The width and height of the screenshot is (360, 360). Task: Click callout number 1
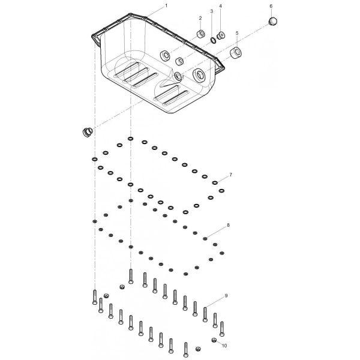coord(166,5)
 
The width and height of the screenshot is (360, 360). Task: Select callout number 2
coord(200,18)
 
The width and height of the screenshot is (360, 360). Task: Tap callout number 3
coord(212,11)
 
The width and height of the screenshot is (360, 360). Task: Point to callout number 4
coord(221,6)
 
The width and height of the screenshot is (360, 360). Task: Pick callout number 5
coord(237,33)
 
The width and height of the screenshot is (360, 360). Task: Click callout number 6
coord(271,6)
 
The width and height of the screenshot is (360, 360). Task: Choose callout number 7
coord(230,175)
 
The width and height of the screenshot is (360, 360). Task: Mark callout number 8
coord(228,225)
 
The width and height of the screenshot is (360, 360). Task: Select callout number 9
coord(226,296)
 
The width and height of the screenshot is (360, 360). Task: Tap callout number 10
coord(224,346)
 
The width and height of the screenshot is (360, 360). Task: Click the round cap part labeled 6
coord(273,21)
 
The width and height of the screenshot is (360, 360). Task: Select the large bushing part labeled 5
coord(236,53)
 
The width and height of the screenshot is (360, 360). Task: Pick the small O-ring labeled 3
coord(213,40)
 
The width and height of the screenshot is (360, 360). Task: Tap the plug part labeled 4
coord(221,36)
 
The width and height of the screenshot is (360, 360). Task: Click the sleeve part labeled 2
coord(201,34)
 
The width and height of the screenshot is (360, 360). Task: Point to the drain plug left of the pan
coord(87,132)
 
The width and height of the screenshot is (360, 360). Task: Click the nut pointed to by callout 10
coord(214,340)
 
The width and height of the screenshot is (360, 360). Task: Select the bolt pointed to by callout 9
coord(205,314)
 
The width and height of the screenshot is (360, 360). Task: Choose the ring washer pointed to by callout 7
coord(215,183)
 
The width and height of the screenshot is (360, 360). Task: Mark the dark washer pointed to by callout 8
coord(205,239)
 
